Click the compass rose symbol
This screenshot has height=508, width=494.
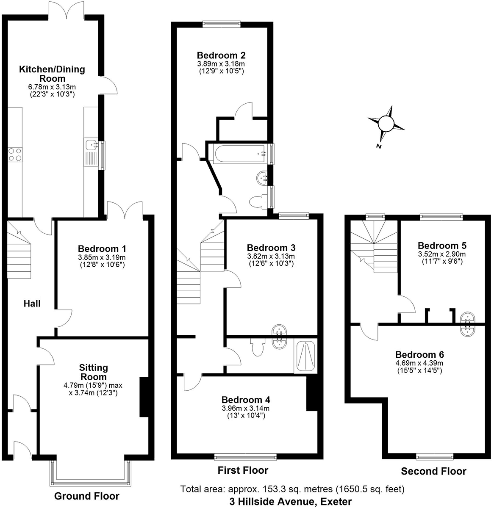(386, 124)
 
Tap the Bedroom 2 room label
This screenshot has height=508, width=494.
(221, 55)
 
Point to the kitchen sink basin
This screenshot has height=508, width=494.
(92, 146)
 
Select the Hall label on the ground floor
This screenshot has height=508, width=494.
(32, 303)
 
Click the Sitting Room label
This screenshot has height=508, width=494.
(94, 372)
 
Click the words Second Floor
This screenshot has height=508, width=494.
(433, 471)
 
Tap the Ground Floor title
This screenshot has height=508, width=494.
(87, 496)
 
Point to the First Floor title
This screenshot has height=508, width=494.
(243, 470)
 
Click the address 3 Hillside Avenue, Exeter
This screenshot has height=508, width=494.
(290, 502)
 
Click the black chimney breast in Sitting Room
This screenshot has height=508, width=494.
(144, 397)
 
